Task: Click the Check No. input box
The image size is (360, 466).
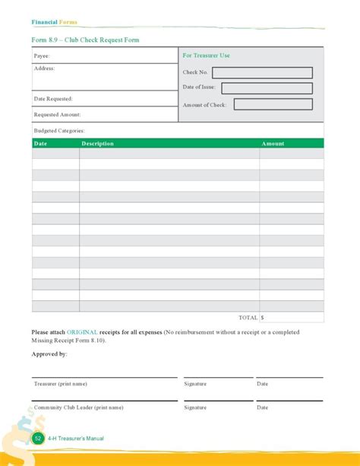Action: pos(262,73)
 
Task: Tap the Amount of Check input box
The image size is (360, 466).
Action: pos(273,104)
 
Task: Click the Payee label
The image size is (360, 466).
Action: pos(42,56)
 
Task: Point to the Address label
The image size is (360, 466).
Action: pos(44,68)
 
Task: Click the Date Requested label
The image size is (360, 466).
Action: pos(53,99)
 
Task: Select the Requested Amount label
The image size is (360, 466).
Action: pos(57,115)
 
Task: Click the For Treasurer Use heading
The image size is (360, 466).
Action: pos(206,55)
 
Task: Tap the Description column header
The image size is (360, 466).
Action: pos(97,144)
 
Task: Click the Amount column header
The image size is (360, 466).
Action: pos(273,144)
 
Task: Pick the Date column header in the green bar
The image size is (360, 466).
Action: pos(41,144)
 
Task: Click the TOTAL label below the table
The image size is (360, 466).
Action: pos(248,318)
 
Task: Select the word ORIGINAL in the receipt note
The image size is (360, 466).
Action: pos(82,332)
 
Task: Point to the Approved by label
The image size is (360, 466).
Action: pos(49,354)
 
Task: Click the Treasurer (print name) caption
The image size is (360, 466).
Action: pos(61,384)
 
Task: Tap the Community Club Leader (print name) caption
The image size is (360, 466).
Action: pos(78,407)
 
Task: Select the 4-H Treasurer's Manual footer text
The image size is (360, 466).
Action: pos(75,439)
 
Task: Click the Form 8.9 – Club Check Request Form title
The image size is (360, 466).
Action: pos(85,40)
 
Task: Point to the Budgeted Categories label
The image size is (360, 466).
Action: pos(58,131)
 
